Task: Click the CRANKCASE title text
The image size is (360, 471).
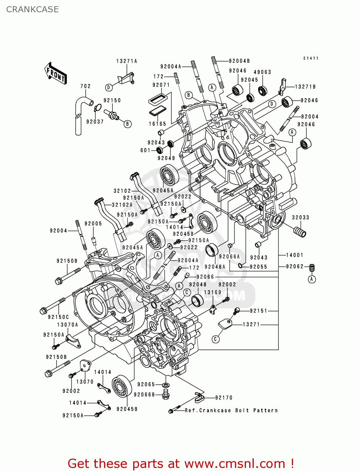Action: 32,9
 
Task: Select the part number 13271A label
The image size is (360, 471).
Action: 127,61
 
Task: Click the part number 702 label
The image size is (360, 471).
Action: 85,86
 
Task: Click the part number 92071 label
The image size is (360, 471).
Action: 161,85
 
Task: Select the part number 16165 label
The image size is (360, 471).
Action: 157,124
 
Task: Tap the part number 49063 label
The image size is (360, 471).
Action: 262,72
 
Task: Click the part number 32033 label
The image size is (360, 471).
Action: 301,217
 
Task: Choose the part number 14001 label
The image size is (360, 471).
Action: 294,255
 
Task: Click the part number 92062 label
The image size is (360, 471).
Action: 295,266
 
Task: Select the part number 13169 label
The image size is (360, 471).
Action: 213,292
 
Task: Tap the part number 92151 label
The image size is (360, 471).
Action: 259,311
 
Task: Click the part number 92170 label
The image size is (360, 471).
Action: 224,398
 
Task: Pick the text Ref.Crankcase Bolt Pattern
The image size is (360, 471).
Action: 231,410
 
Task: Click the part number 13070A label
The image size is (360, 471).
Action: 68,325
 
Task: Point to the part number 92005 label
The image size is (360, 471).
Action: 93,224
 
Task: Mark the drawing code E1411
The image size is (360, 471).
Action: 311,58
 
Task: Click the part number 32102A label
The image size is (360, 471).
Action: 122,205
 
